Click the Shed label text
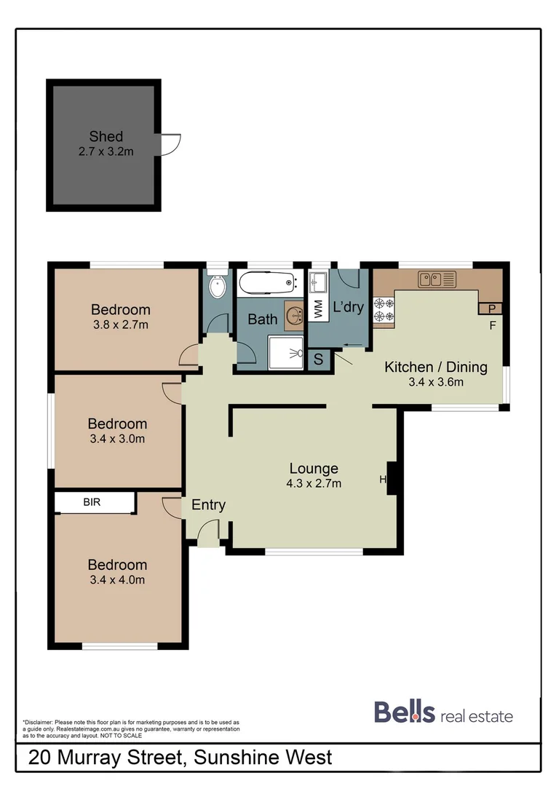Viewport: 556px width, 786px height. pyautogui.click(x=106, y=136)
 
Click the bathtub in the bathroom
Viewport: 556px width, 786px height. pyautogui.click(x=266, y=282)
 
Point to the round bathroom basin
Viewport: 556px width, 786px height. pyautogui.click(x=294, y=314)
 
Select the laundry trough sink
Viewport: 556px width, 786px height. pyautogui.click(x=318, y=280)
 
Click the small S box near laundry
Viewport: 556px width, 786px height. pyautogui.click(x=319, y=359)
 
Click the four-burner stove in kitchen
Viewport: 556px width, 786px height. pyautogui.click(x=384, y=310)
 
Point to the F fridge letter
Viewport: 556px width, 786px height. pyautogui.click(x=492, y=325)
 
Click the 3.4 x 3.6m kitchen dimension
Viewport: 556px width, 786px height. pyautogui.click(x=435, y=381)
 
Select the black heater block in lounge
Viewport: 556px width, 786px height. pyautogui.click(x=391, y=478)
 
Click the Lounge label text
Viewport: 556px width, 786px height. pyautogui.click(x=314, y=469)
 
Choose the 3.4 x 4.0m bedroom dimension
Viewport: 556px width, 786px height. pyautogui.click(x=117, y=580)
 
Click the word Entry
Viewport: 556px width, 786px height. pyautogui.click(x=208, y=505)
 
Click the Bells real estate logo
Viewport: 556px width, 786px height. pyautogui.click(x=443, y=712)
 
